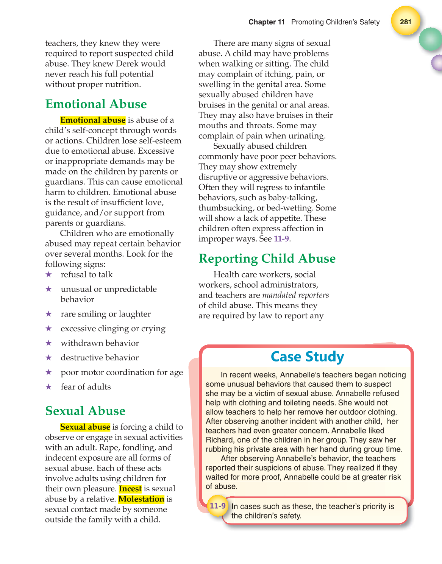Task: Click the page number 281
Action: [x=405, y=22]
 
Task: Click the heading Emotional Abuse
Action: [x=96, y=104]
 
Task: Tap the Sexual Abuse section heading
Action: [x=85, y=411]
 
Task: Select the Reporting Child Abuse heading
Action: [x=267, y=259]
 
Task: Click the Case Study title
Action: [x=307, y=357]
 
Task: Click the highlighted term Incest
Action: [x=130, y=489]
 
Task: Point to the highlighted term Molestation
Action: [x=141, y=499]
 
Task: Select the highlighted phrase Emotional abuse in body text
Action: [x=93, y=120]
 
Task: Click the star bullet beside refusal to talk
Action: [x=48, y=274]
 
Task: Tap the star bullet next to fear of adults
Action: [x=48, y=387]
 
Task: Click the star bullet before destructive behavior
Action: [x=48, y=358]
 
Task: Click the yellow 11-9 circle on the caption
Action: [x=217, y=506]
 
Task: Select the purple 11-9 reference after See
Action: [x=281, y=239]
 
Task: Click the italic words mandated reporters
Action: [x=295, y=295]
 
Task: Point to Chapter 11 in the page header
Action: [x=266, y=22]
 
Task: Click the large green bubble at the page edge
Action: [x=431, y=39]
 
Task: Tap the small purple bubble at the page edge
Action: [x=437, y=63]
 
